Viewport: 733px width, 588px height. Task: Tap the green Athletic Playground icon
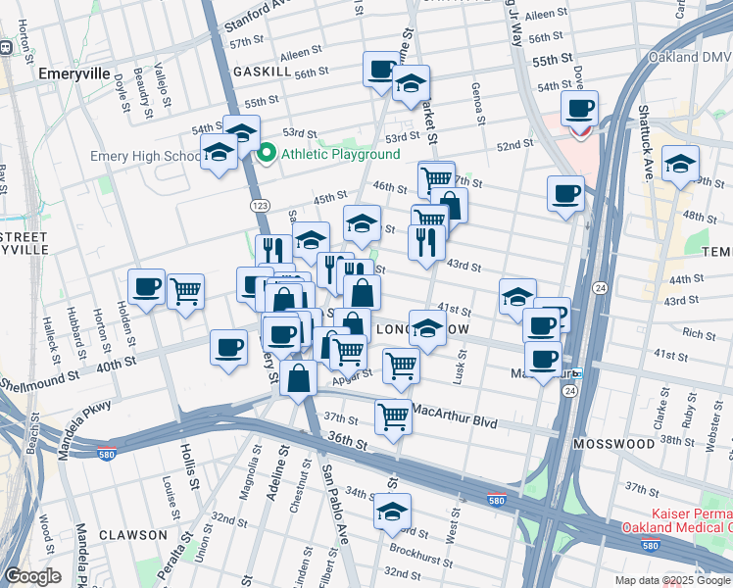[265, 154]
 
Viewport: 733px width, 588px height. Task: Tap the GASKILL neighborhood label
[262, 73]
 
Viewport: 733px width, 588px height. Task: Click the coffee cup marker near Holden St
[147, 287]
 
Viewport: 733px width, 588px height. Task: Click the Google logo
[33, 576]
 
